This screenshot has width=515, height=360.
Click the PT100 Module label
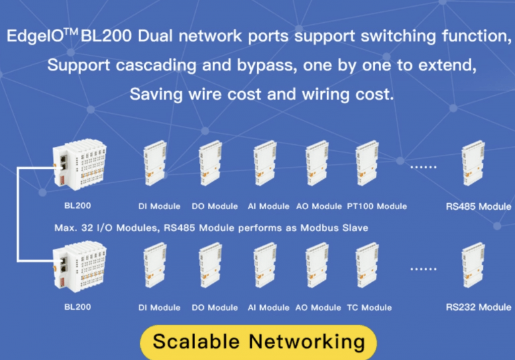coord(377,206)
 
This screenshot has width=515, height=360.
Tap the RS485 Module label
coord(478,206)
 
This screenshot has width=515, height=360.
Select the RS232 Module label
coord(478,308)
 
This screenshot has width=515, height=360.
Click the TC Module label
coord(369,308)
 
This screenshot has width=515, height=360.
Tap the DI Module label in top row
coord(159,206)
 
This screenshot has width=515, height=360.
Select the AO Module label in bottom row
coord(318,308)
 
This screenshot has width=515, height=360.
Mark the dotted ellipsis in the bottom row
coord(423,267)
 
